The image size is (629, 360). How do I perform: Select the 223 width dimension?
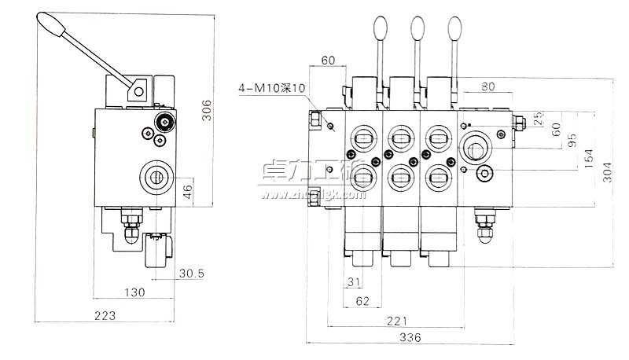pos(105,316)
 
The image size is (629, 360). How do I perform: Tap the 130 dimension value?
pos(134,292)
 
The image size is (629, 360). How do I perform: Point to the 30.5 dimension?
pos(191,274)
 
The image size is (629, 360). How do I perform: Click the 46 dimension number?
pos(186,190)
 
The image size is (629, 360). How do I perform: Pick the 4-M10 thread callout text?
pos(271,87)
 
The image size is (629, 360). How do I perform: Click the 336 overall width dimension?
pos(410,337)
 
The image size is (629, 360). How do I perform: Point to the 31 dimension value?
pos(353,281)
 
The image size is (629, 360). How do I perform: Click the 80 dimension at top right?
pos(487,87)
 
